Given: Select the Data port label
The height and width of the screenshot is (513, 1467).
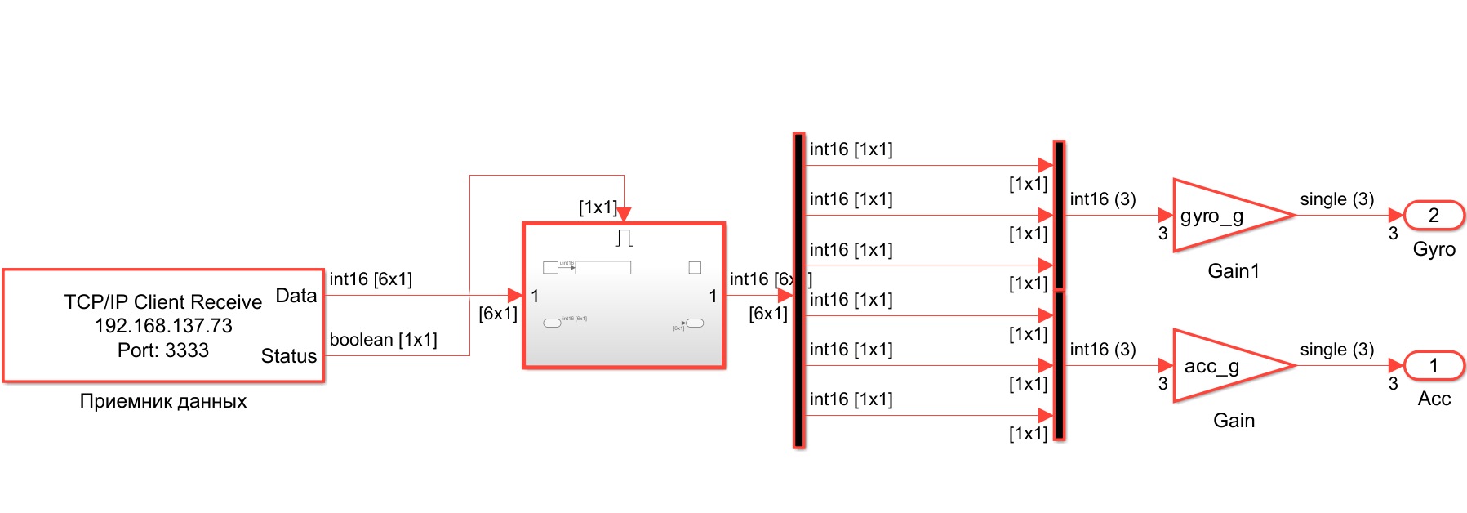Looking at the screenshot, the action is [x=296, y=296].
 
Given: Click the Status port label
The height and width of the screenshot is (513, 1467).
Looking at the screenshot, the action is [x=288, y=356].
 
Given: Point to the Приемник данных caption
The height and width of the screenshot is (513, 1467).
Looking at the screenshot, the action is [x=163, y=401].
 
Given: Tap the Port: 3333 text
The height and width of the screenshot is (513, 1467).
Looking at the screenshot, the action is [x=163, y=350].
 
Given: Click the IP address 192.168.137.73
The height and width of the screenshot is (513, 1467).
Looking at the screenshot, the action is [x=163, y=326].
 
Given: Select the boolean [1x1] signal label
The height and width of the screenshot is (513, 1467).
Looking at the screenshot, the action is [x=383, y=340].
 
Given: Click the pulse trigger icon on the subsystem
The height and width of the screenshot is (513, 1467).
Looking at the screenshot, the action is [x=625, y=239].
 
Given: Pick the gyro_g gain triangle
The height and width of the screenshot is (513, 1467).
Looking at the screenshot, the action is [x=1225, y=216].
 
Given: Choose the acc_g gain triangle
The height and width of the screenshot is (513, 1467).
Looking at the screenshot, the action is [x=1225, y=366].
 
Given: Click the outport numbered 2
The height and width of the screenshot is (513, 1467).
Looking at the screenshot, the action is [x=1434, y=216].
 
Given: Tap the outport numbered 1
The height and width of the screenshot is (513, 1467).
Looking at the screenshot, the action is [x=1434, y=366].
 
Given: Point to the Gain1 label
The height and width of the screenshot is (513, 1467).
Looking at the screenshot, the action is [x=1234, y=271].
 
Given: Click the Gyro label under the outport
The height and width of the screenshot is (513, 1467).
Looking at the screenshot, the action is [x=1434, y=250].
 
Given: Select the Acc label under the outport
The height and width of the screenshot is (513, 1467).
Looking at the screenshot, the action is [x=1434, y=399].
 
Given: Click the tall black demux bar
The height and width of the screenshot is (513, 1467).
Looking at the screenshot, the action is [x=798, y=291].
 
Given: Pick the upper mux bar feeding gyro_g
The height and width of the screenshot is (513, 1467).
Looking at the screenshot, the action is [x=1059, y=216].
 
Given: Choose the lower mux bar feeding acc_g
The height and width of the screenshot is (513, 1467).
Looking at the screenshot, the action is [x=1059, y=365].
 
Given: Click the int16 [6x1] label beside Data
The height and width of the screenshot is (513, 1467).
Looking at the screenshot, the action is [x=371, y=279].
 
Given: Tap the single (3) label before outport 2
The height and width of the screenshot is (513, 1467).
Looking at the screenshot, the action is [x=1336, y=199].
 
